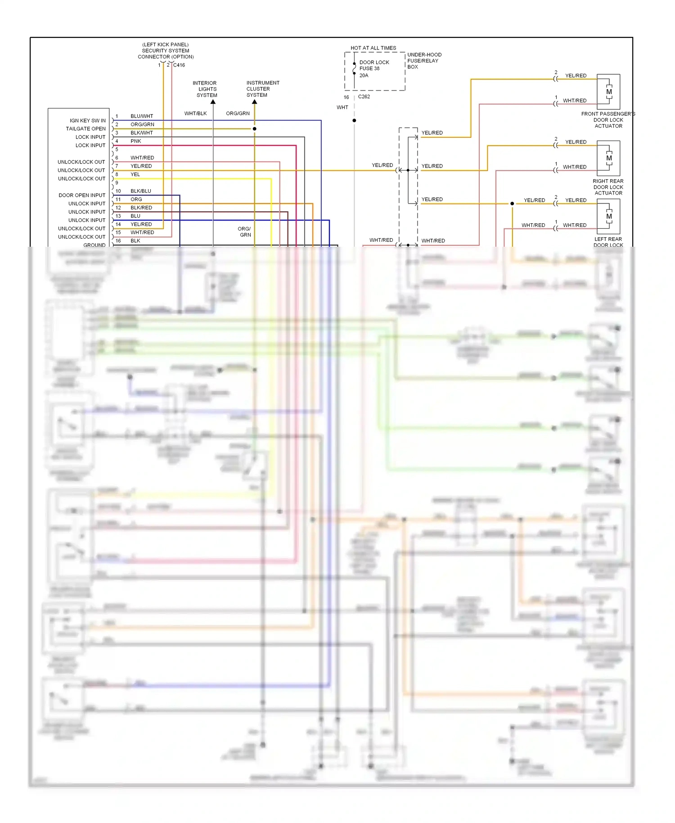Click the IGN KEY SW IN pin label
click(87, 121)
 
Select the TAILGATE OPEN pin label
click(85, 129)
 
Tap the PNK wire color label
click(136, 141)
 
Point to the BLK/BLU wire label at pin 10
click(141, 191)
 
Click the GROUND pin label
click(94, 245)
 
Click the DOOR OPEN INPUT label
click(82, 195)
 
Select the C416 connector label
click(179, 65)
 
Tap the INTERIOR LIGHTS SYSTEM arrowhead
click(213, 102)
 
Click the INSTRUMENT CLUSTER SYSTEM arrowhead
click(255, 102)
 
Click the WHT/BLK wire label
click(195, 113)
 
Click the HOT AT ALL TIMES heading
click(373, 48)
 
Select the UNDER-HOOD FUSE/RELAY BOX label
click(424, 61)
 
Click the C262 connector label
click(364, 97)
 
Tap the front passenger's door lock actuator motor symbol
click(609, 92)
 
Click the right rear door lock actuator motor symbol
click(609, 158)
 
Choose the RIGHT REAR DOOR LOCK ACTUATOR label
click(608, 187)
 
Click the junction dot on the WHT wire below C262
click(354, 121)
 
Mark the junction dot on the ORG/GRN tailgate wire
click(255, 129)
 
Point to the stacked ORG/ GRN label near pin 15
click(245, 232)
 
